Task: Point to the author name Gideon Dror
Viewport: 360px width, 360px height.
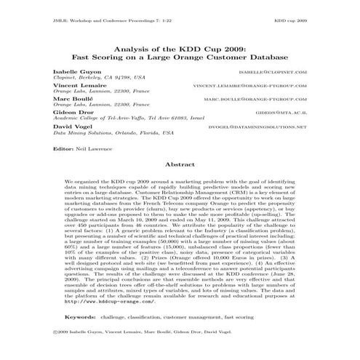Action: tap(71, 113)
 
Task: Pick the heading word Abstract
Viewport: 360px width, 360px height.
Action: tap(180, 165)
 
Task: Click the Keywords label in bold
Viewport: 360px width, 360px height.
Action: tap(80, 317)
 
